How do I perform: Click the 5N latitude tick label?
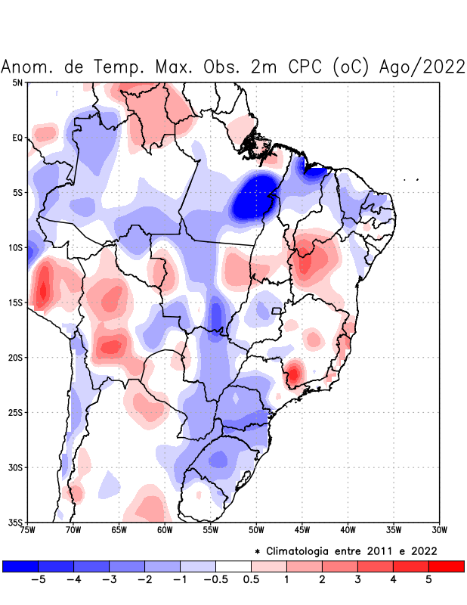[x=17, y=82]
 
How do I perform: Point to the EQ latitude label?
[x=17, y=138]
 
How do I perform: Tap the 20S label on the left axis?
[x=16, y=357]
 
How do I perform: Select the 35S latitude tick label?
[x=16, y=522]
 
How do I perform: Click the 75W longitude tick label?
[x=27, y=530]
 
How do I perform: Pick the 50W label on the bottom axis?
[x=256, y=530]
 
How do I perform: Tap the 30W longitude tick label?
[x=439, y=530]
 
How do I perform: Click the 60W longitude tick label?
[x=165, y=530]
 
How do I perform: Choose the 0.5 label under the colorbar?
[x=251, y=579]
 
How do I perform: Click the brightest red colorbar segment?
[x=446, y=566]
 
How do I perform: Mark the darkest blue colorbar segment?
[x=20, y=566]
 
